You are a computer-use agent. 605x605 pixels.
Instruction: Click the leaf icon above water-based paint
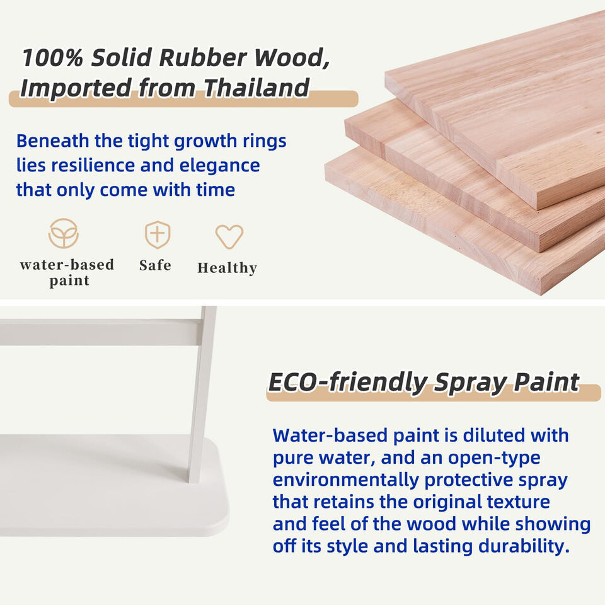pos(64,233)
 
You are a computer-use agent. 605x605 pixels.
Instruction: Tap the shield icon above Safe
pos(158,234)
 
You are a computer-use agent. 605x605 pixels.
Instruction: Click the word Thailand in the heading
pos(256,88)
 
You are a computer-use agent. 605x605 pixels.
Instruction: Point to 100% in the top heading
pos(52,58)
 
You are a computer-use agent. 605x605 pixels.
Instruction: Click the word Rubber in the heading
pos(202,58)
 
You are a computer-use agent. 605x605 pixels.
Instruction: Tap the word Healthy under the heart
pos(227,268)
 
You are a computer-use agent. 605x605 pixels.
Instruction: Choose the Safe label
pos(155,265)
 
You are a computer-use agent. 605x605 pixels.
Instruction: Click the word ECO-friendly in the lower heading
pos(348,383)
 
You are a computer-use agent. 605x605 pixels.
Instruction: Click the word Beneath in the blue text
pos(52,141)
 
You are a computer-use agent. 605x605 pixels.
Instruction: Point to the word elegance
pos(219,166)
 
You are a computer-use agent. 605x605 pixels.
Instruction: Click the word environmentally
pos(346,480)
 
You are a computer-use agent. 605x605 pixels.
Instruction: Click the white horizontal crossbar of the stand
pos(101,332)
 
